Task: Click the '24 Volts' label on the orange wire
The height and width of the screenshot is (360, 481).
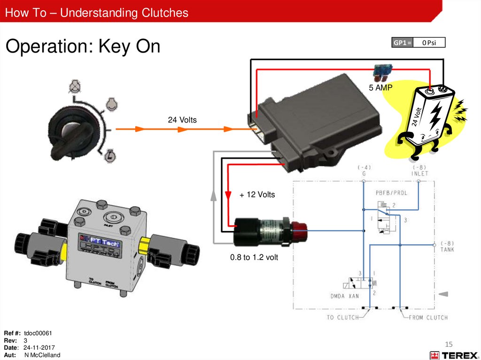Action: (x=182, y=120)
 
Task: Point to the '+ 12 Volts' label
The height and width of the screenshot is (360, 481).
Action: (x=257, y=194)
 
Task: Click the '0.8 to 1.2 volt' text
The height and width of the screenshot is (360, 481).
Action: (x=254, y=257)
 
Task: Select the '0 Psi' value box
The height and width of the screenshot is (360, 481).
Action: (x=429, y=43)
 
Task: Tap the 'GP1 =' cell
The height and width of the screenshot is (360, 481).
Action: (x=403, y=43)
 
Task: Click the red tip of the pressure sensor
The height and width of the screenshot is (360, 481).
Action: (x=300, y=230)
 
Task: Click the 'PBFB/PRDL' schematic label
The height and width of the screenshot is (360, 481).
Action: (x=391, y=192)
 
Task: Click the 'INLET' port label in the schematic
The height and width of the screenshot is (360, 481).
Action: (x=420, y=173)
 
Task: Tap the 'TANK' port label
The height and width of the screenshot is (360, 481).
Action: (x=447, y=250)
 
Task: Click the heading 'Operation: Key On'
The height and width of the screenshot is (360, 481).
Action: (x=83, y=46)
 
